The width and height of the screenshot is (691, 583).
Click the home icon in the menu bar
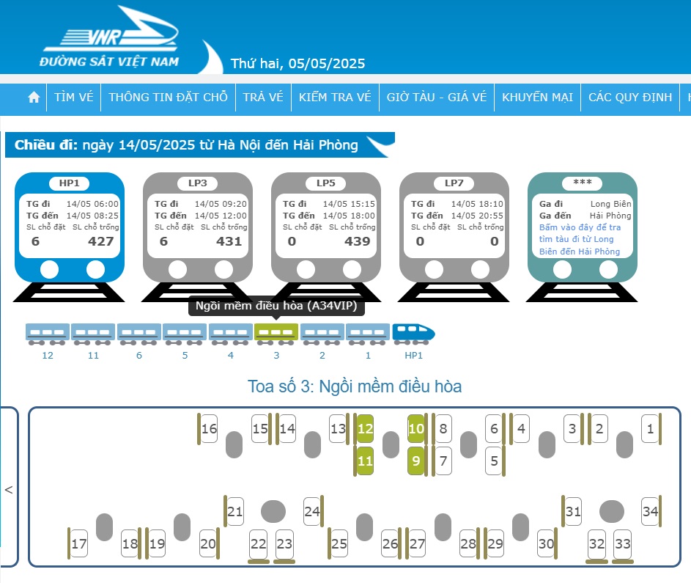[34, 97]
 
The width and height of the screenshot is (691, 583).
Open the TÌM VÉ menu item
[73, 97]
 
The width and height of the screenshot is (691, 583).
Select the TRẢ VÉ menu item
[263, 97]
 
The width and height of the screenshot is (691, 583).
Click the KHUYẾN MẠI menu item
[538, 97]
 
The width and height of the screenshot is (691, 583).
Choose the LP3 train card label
[197, 183]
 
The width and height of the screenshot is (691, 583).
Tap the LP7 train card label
[454, 183]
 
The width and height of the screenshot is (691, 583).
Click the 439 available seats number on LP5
[358, 241]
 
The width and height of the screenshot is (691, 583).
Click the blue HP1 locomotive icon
[413, 334]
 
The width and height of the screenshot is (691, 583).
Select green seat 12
[365, 429]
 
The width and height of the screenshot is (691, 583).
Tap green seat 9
[416, 461]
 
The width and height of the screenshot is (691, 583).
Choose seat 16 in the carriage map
[209, 429]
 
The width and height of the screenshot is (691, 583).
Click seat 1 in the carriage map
[650, 429]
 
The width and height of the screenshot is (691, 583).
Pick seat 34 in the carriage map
[650, 512]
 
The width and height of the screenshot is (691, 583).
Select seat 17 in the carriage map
[79, 543]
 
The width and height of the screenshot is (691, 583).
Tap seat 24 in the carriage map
[312, 512]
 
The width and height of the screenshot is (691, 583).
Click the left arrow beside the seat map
[8, 490]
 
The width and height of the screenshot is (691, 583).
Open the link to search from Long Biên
[580, 239]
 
